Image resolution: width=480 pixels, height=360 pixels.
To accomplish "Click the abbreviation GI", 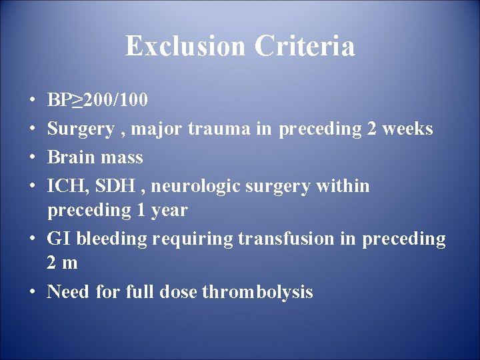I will tap(57, 239).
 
